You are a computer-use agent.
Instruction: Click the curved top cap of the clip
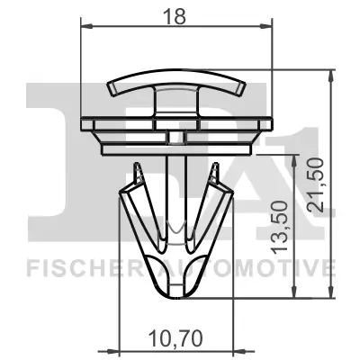tap(176, 85)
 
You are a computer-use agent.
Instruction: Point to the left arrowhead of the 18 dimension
tap(86, 27)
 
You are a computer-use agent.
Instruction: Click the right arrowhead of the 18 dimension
tap(268, 27)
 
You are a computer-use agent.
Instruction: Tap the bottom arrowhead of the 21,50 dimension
tap(330, 294)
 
